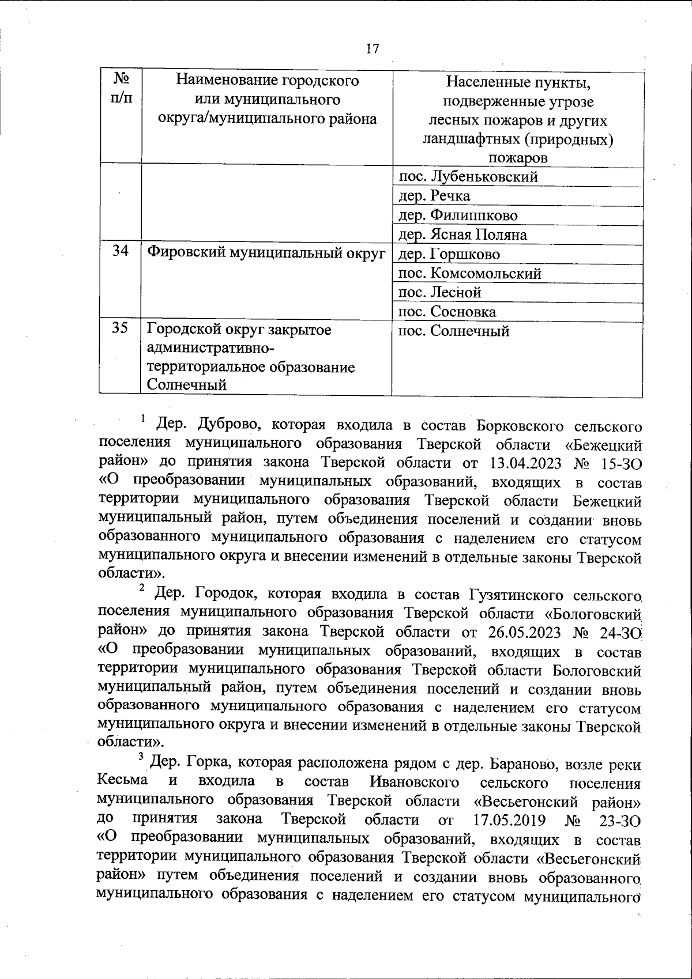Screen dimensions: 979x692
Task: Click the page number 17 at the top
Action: coord(373,48)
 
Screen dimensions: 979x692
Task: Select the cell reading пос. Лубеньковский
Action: coord(468,177)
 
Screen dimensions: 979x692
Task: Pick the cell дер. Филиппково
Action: coord(458,216)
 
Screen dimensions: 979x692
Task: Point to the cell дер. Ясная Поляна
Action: coord(462,235)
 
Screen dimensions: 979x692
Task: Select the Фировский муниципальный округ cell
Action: coord(266,254)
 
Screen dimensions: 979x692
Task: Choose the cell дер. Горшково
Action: coord(449,254)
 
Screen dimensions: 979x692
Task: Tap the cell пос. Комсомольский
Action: coord(470,274)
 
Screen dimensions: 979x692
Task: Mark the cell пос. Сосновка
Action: coord(447,312)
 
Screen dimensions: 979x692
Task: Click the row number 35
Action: coord(120,330)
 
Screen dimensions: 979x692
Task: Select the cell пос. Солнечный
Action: coord(454,331)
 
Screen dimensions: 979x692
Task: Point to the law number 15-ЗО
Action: coord(620,463)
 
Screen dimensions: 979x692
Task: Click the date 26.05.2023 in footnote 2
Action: coord(524,632)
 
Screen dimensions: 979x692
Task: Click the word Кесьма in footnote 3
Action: coord(122,781)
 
